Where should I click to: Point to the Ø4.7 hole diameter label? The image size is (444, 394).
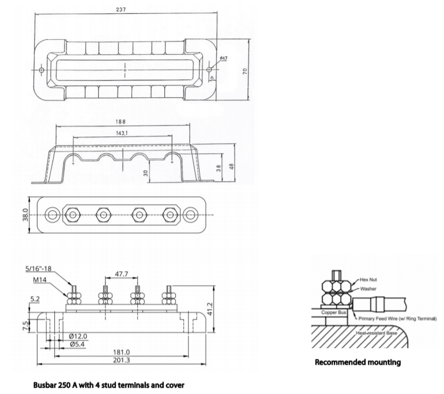point(223,59)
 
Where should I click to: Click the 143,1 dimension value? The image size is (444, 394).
point(122,133)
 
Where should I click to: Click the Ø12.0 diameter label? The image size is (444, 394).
point(78,336)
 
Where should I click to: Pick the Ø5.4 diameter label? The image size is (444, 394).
point(78,344)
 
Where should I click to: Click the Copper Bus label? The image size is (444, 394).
point(333,312)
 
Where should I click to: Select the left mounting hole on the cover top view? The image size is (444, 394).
point(41,70)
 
